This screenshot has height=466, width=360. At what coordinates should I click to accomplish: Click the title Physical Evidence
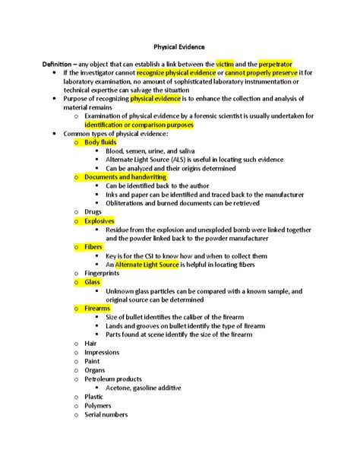[180, 46]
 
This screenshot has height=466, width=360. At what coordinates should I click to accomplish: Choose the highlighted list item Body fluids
[102, 142]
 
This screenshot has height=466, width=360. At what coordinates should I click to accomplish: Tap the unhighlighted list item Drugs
[93, 211]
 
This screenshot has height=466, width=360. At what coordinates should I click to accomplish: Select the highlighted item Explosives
[99, 220]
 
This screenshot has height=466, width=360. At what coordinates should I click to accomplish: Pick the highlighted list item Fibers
[94, 247]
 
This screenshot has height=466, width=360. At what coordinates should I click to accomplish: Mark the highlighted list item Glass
[93, 282]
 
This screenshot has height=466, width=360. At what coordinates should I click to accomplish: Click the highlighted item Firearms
[98, 309]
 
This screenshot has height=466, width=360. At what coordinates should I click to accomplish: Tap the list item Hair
[90, 344]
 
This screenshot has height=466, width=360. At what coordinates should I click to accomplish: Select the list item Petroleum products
[113, 379]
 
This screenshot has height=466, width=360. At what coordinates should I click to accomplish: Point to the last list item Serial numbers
[106, 414]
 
